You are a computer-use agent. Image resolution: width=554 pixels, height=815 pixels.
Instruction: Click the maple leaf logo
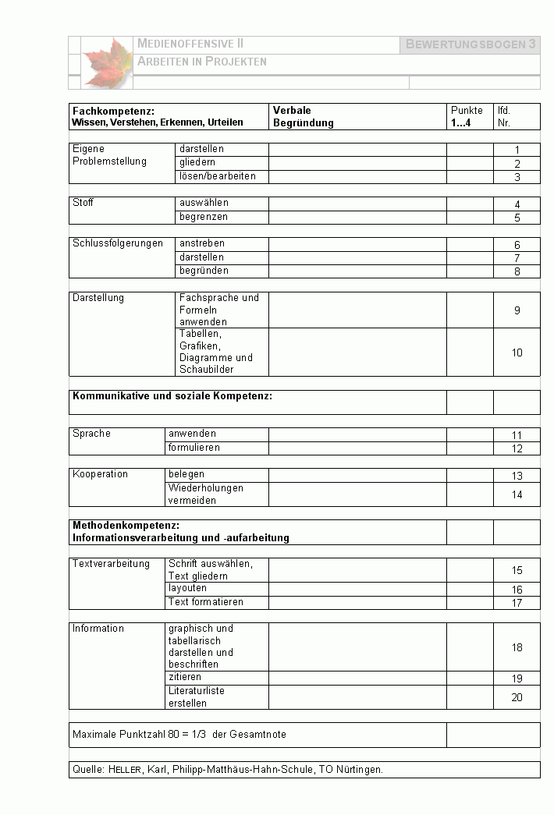click(x=108, y=62)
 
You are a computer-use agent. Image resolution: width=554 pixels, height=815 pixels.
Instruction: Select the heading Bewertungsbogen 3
click(x=471, y=44)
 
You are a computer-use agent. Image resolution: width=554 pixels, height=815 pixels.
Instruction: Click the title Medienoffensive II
click(x=190, y=44)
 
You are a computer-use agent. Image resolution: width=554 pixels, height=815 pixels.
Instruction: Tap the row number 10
click(x=517, y=353)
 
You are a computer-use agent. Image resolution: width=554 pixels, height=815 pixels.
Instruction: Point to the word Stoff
click(x=83, y=203)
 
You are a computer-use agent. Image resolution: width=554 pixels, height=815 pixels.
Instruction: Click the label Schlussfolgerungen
click(x=118, y=243)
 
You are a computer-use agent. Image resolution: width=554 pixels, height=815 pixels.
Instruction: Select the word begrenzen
click(x=204, y=217)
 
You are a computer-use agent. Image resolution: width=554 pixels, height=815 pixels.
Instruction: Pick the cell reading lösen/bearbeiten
click(x=217, y=176)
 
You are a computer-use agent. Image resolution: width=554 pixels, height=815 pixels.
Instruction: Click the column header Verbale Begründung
click(x=303, y=117)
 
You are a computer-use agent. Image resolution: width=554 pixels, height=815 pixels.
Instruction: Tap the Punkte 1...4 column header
click(x=467, y=117)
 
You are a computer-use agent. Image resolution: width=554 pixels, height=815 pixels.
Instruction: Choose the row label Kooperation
click(x=100, y=474)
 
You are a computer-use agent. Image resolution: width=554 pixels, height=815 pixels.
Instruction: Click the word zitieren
click(x=185, y=677)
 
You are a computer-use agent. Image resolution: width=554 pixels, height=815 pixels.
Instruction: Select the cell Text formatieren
click(x=206, y=602)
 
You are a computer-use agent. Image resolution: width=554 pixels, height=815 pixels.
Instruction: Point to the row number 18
click(x=517, y=647)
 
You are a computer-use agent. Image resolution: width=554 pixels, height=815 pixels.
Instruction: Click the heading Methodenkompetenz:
click(x=126, y=526)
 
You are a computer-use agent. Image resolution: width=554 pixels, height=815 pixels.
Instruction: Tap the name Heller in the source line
click(x=125, y=770)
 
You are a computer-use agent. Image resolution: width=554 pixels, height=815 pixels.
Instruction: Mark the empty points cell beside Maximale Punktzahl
click(x=493, y=735)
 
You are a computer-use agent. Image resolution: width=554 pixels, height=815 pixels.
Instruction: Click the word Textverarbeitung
click(x=111, y=564)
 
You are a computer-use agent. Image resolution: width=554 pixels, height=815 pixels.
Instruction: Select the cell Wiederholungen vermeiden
click(x=205, y=494)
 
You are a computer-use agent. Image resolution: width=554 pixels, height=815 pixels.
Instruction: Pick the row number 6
click(x=517, y=245)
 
